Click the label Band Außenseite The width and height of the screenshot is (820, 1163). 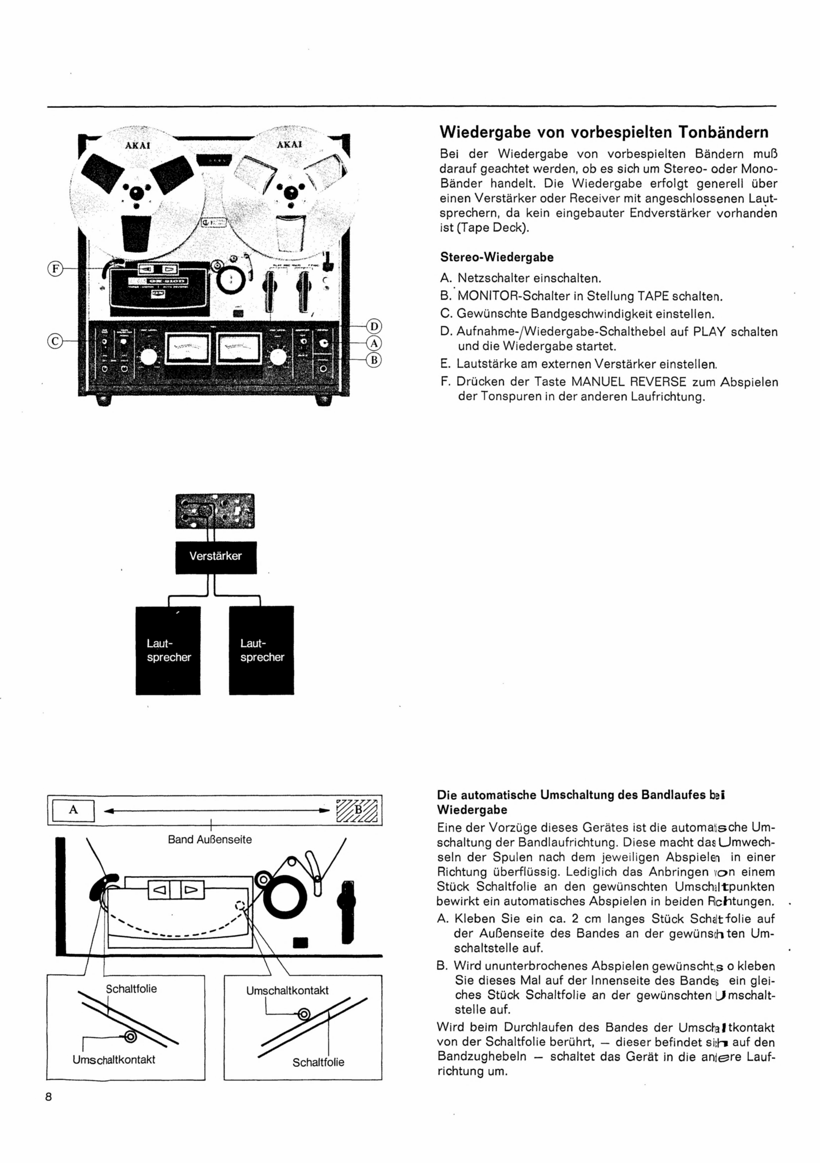coord(210,839)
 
